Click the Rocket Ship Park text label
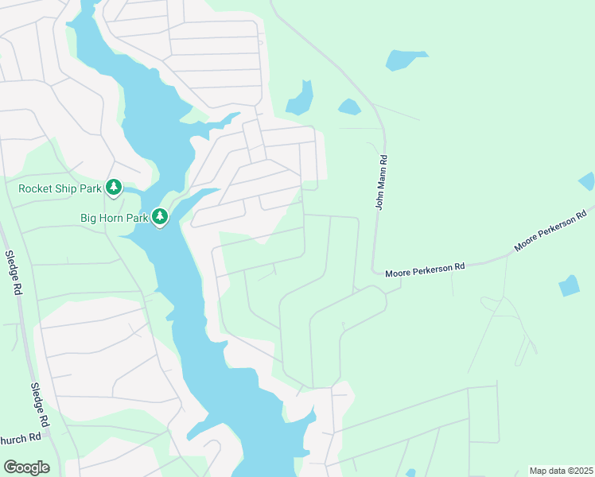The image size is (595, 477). coord(60,188)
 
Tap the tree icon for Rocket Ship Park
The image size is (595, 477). coord(114,188)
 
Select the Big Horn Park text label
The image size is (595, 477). coord(114,217)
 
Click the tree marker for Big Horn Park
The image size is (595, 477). coord(160,216)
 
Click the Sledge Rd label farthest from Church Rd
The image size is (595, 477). coord(12,273)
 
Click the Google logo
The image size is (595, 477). coord(26,467)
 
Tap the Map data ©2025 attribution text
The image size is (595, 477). coord(560,471)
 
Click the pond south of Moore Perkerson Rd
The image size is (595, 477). coord(569,285)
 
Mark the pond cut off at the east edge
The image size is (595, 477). coord(587,181)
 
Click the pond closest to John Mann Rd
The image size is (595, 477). coord(349,107)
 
